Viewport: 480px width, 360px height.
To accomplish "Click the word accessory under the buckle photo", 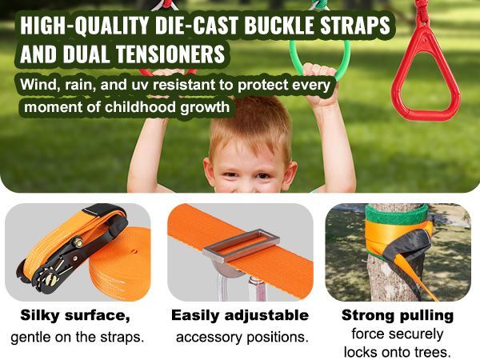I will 210,336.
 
